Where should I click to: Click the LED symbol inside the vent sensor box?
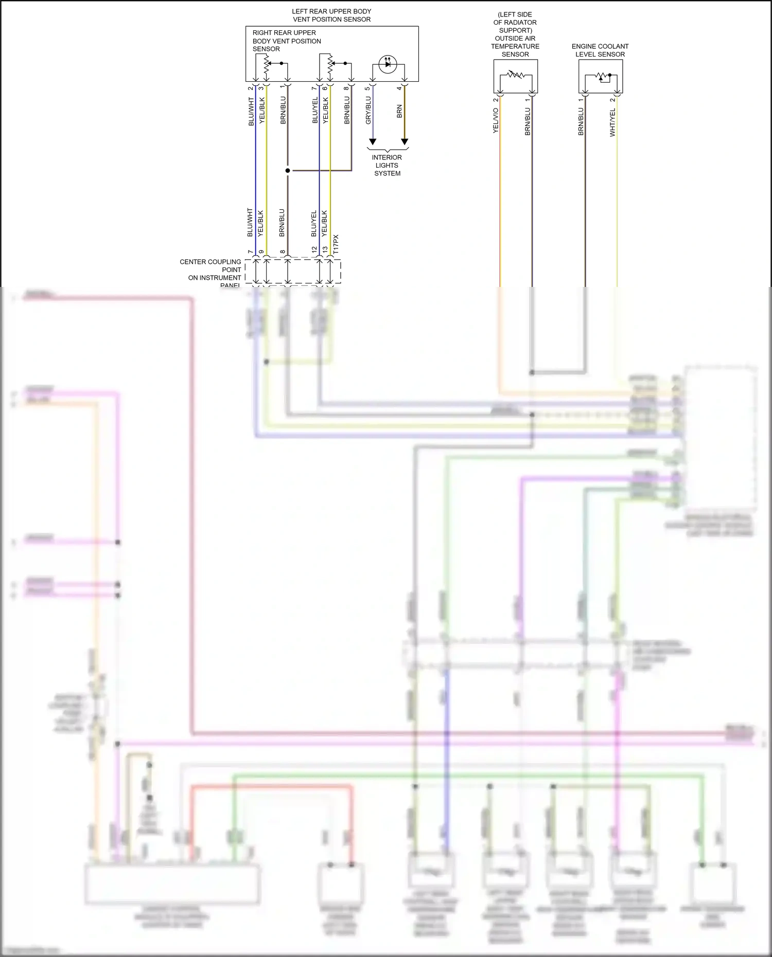(x=388, y=64)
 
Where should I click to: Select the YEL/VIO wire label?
(x=496, y=120)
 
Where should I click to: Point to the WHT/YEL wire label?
(x=612, y=122)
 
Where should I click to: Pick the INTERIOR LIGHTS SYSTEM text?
(x=387, y=166)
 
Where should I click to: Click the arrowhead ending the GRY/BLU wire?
(x=373, y=141)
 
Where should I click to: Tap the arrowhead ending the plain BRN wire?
(x=405, y=141)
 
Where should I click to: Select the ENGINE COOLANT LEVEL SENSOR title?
(x=600, y=50)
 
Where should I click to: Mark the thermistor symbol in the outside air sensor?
(x=515, y=75)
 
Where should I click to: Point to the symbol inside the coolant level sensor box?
(x=600, y=77)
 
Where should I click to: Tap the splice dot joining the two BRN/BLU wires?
(x=288, y=171)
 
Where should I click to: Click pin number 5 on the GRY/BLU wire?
(x=367, y=88)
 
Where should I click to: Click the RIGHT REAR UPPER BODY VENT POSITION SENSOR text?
(x=286, y=41)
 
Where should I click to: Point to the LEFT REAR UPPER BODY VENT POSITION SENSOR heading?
(x=331, y=15)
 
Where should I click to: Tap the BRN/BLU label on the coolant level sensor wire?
(x=581, y=121)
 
